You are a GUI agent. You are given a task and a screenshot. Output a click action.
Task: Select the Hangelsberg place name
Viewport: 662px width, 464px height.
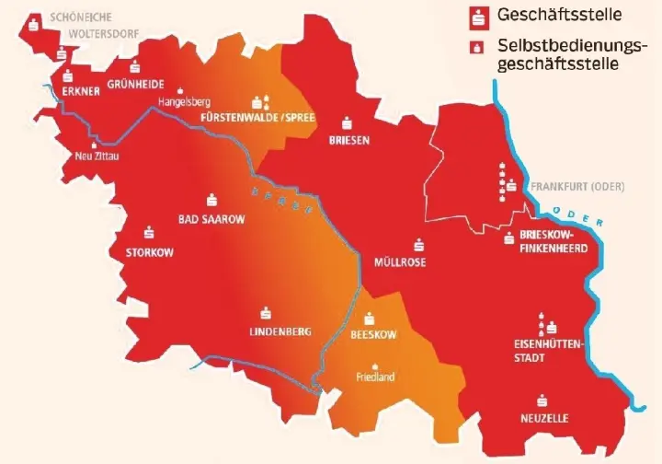[185, 101]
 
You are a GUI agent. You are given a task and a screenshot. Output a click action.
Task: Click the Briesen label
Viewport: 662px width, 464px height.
[348, 140]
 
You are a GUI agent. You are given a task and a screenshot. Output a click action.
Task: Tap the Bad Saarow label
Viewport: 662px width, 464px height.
[211, 219]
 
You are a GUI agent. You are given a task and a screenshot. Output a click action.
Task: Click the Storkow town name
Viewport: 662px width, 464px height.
[149, 251]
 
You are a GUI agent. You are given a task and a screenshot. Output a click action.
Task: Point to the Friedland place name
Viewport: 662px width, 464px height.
[374, 377]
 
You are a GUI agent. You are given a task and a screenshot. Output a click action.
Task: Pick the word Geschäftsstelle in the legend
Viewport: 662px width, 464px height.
[546, 16]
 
